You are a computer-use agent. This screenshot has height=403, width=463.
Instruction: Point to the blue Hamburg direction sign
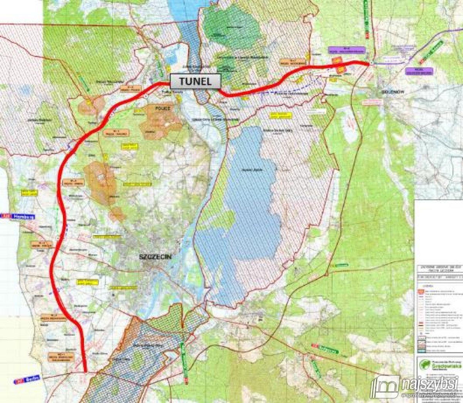point(18,217)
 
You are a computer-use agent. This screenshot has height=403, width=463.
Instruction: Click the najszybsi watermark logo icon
point(384,386)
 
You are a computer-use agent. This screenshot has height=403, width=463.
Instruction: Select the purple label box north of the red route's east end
point(347,50)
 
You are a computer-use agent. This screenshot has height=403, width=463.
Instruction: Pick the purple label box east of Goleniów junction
point(419,71)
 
